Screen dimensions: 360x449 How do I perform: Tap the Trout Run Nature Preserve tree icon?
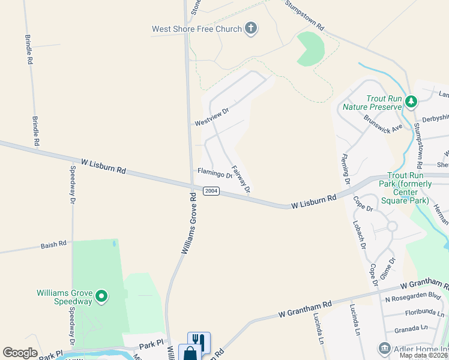411,101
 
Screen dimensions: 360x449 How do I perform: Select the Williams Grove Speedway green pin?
102,296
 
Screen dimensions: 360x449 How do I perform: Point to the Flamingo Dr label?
214,174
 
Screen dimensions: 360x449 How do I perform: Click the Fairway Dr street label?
241,179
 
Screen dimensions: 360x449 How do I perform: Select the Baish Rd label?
53,245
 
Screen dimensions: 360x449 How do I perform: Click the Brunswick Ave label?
383,125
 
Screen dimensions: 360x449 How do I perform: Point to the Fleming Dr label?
346,169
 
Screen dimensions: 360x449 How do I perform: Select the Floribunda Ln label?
423,313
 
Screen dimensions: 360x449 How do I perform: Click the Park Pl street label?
151,344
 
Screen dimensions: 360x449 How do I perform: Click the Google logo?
20,353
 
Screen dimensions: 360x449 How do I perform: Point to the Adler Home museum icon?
384,348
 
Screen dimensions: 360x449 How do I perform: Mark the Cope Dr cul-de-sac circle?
391,226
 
